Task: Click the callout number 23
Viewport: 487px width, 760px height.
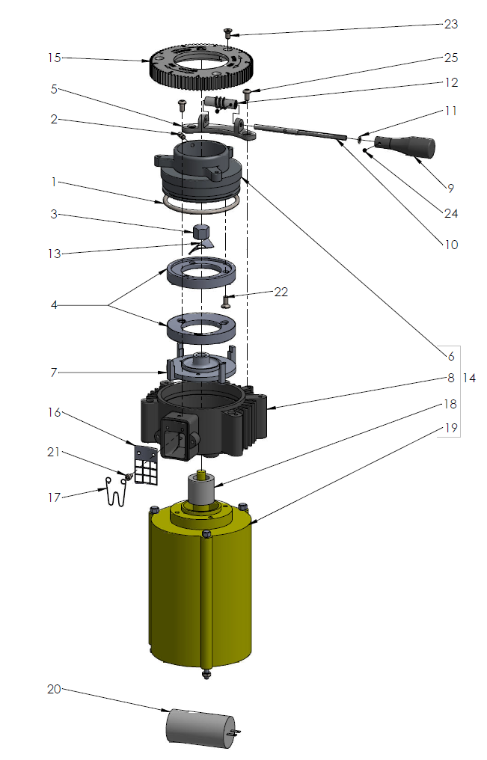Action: (450, 24)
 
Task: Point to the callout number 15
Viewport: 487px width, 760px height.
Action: (53, 58)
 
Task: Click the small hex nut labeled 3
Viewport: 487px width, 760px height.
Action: (200, 231)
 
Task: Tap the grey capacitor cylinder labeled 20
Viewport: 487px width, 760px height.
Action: (197, 726)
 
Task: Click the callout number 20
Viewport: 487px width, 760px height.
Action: (53, 689)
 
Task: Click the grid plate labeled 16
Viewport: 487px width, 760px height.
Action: (147, 465)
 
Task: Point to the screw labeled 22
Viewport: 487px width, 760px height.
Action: (226, 301)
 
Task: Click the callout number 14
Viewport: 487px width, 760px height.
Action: (470, 378)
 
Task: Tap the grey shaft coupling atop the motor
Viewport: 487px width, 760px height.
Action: (201, 491)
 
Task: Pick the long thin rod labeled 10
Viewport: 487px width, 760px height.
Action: (299, 131)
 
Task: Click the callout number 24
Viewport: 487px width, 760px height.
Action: (450, 213)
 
